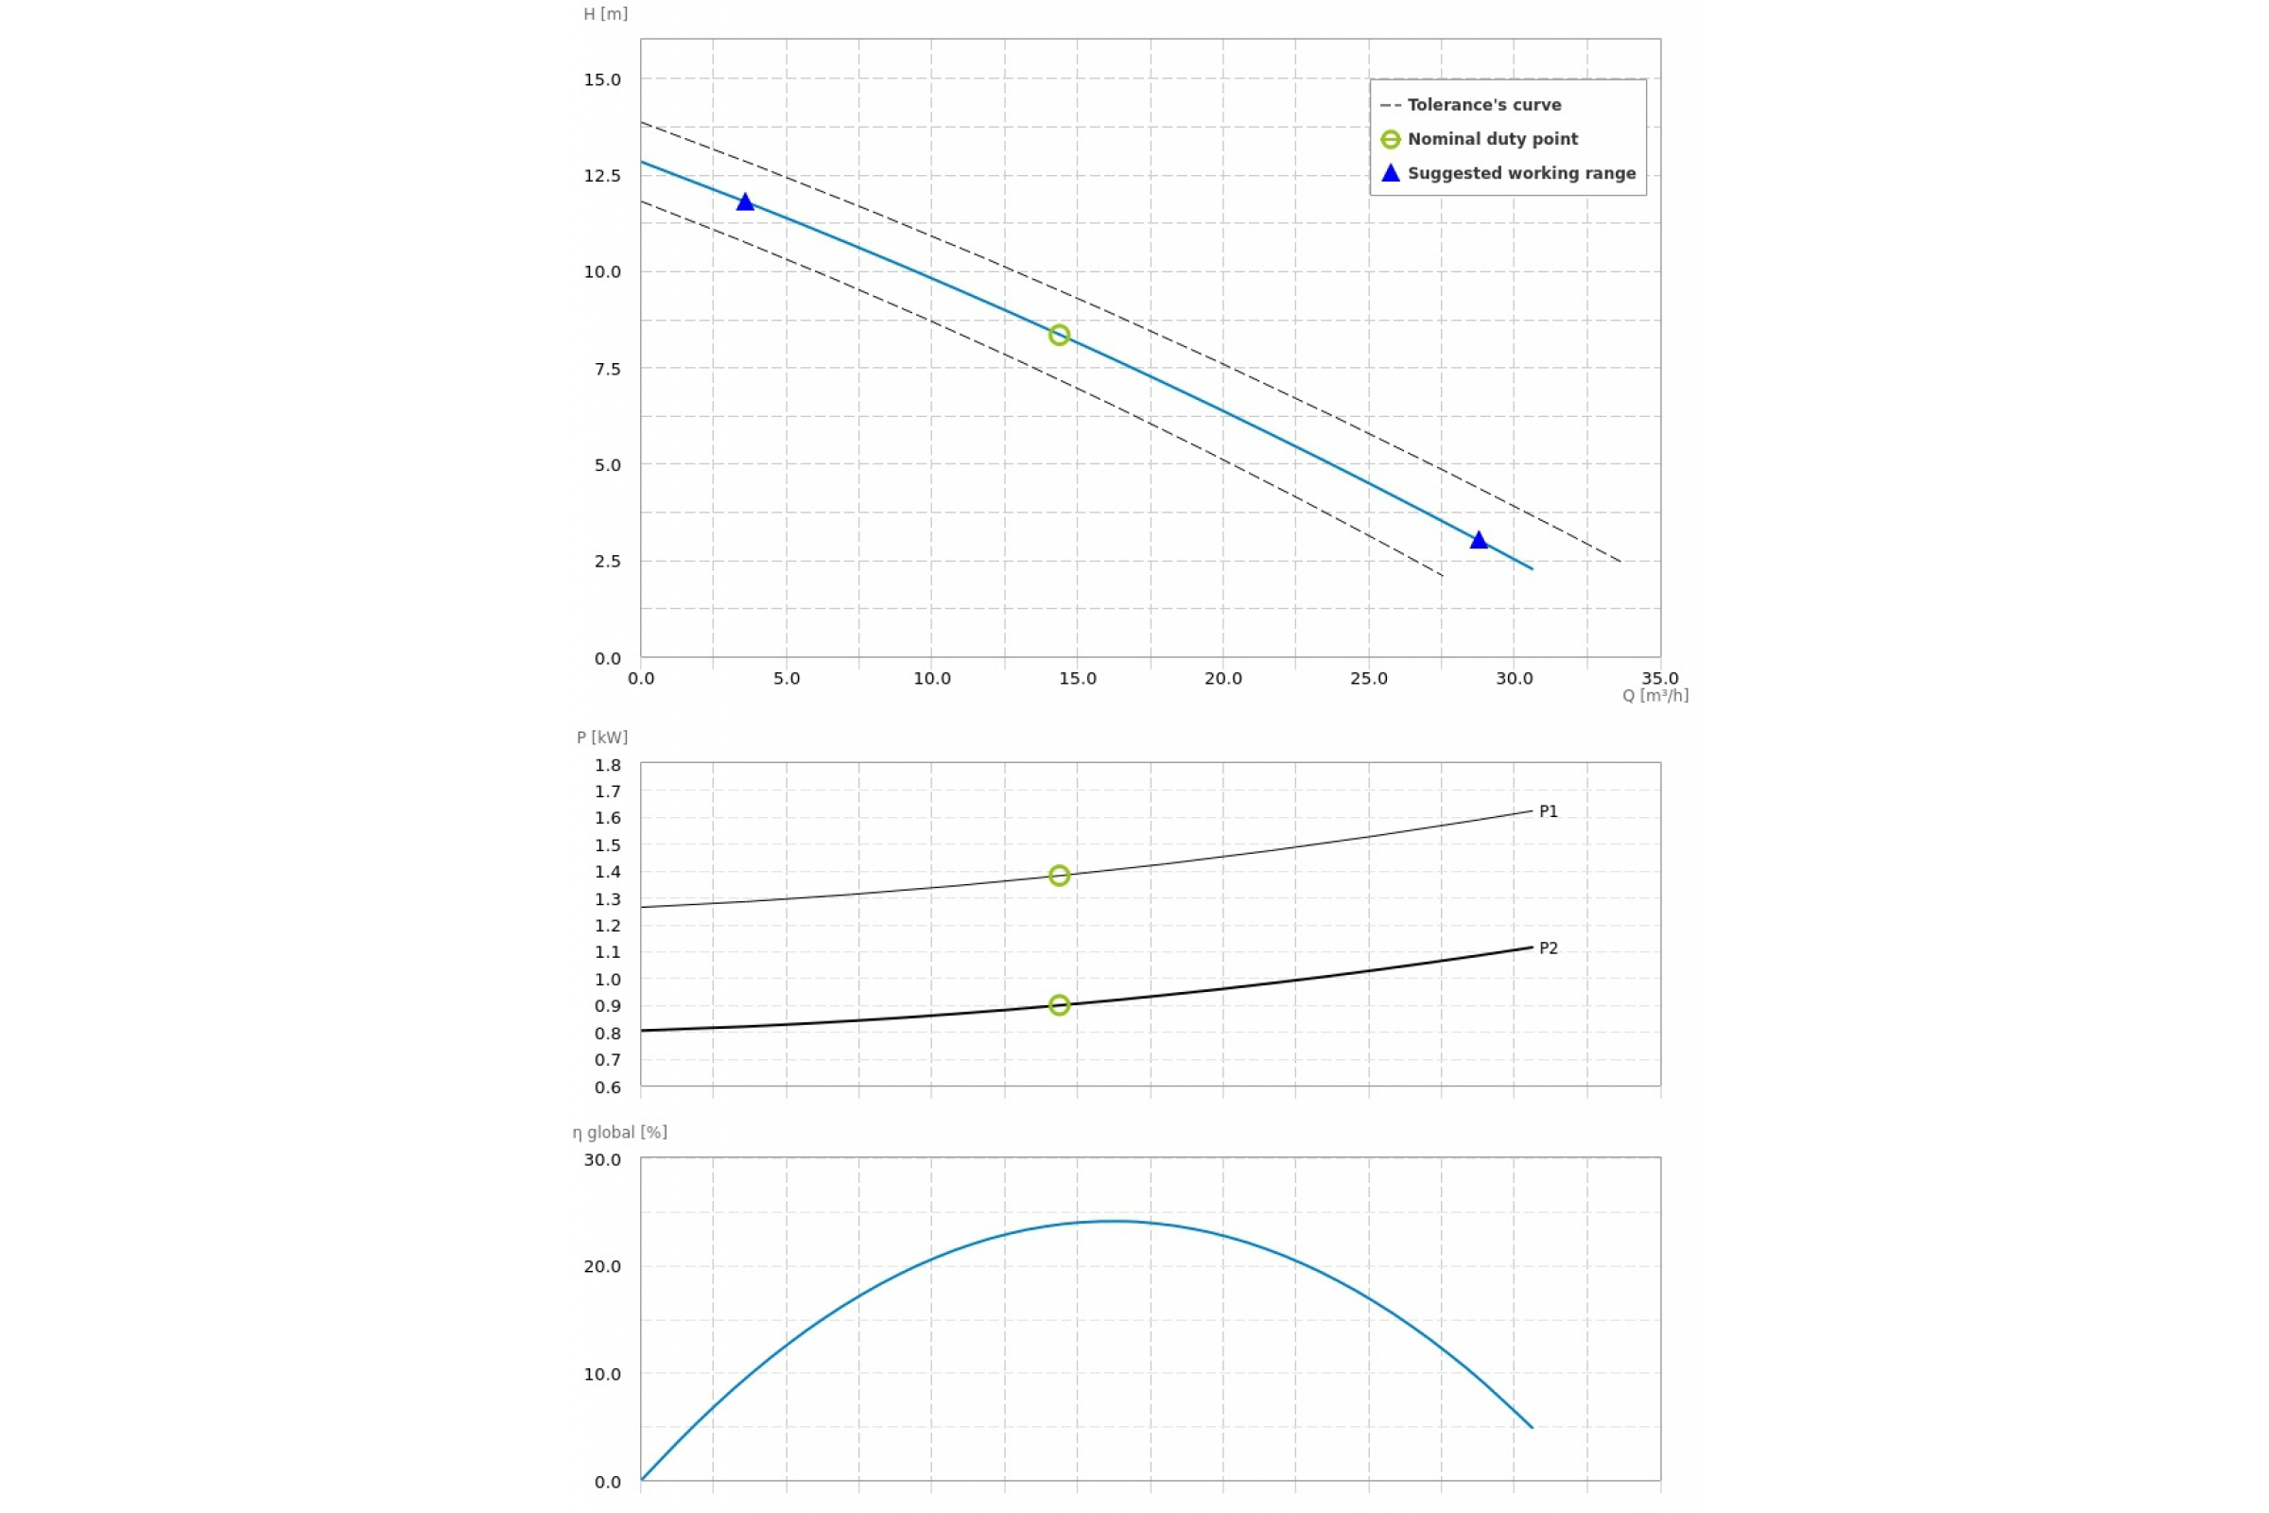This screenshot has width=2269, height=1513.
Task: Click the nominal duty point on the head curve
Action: pos(1059,335)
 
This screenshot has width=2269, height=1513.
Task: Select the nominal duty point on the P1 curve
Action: pos(1059,876)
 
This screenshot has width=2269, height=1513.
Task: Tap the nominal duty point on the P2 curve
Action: pos(1059,1005)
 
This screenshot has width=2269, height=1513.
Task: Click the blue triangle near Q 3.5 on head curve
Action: pos(745,201)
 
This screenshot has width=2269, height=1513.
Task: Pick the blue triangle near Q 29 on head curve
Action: pos(1479,540)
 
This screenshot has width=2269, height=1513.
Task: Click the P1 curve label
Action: pos(1549,811)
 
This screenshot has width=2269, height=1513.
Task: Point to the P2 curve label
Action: pos(1549,948)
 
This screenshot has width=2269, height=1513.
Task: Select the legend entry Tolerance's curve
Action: pos(1483,105)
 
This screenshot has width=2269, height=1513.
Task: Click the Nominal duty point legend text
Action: pos(1493,139)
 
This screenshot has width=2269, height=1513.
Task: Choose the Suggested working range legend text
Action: pos(1521,174)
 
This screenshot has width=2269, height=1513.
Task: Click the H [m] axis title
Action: pos(605,14)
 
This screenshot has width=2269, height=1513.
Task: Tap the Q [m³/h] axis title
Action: pos(1654,696)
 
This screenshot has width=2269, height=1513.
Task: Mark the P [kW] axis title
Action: pos(602,738)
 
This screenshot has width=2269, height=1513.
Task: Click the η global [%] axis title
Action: pos(619,1132)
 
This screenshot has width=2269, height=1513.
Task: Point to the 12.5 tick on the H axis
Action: pos(602,176)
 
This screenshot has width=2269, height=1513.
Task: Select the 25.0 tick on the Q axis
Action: pos(1368,678)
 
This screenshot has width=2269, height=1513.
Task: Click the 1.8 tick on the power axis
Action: pos(608,765)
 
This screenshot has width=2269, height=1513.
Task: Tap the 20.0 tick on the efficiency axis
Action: pos(602,1266)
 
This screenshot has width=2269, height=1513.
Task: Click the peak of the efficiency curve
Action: pos(1113,1222)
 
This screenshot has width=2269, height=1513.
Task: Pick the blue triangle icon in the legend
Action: pos(1390,173)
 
